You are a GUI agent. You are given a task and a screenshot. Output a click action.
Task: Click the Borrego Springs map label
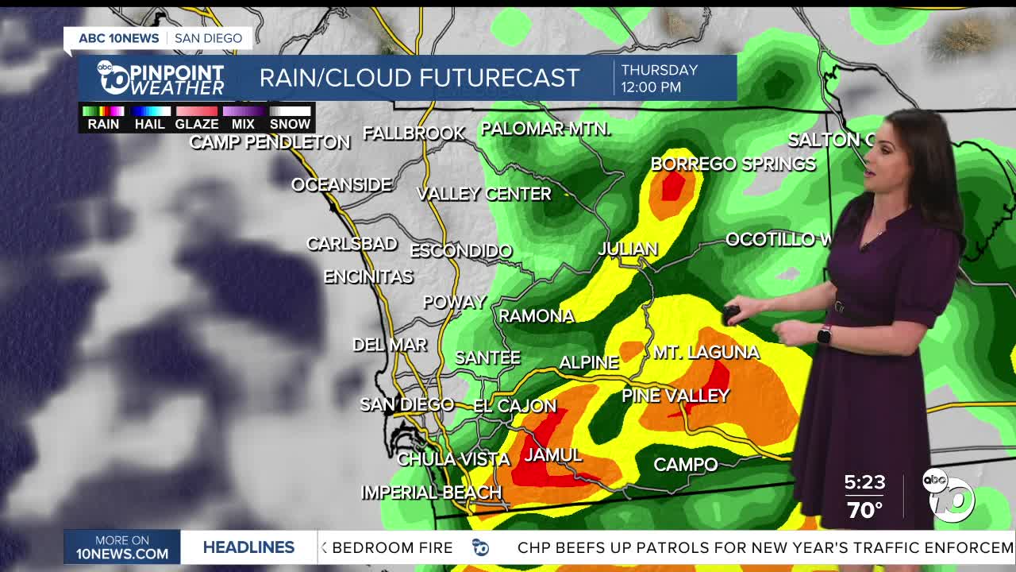point(733,164)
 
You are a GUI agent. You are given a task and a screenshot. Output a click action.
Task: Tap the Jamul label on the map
point(553,455)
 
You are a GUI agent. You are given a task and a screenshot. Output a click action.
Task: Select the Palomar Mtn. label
point(546,129)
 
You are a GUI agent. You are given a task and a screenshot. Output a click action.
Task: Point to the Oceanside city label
point(341,185)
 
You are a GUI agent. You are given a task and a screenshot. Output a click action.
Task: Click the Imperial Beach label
point(431,493)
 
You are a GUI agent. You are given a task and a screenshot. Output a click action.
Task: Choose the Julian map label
point(628,249)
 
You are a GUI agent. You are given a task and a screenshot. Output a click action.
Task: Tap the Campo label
point(685,465)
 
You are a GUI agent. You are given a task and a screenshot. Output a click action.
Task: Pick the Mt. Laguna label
point(706,352)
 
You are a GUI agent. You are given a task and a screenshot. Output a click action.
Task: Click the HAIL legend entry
point(149,124)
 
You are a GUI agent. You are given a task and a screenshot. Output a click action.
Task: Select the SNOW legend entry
point(290,124)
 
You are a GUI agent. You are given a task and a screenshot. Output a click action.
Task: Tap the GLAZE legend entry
point(196,124)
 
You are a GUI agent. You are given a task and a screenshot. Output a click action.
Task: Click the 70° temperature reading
point(864,509)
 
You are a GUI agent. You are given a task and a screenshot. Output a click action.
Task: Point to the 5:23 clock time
point(864,482)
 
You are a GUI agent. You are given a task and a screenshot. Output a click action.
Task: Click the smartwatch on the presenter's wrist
point(824,335)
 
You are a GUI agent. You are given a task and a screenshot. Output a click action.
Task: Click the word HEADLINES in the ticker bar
point(248,547)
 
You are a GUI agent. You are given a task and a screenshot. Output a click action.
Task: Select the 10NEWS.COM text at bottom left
point(122,554)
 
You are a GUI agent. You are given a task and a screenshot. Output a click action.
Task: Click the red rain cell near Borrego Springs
point(673,187)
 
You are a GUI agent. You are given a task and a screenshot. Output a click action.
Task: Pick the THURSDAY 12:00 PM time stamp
point(659,79)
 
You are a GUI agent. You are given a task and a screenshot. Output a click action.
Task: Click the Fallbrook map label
point(414,133)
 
